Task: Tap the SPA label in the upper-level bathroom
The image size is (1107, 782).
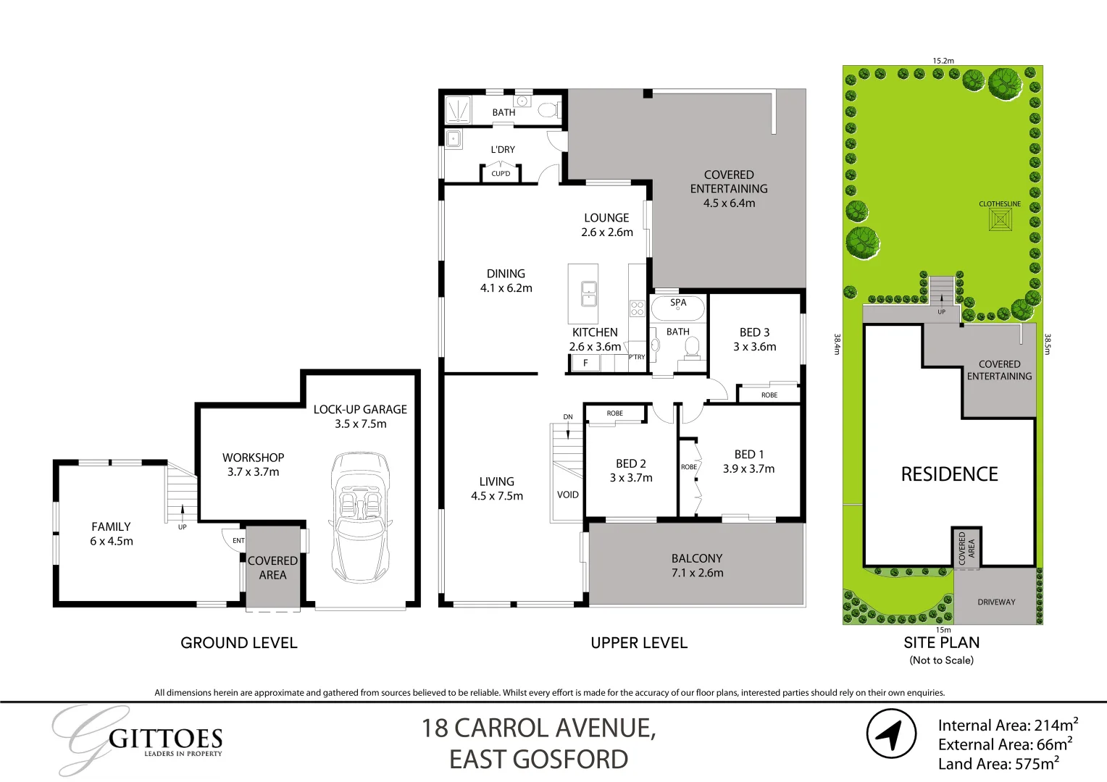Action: (x=678, y=303)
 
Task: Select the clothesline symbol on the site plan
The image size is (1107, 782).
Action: (x=1000, y=220)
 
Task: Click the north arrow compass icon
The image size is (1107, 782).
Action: (x=891, y=734)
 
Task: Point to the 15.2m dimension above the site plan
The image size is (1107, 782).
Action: (x=943, y=61)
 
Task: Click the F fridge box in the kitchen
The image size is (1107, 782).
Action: (x=585, y=363)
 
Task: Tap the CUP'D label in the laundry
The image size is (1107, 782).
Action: (x=501, y=174)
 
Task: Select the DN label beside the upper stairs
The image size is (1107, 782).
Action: (x=568, y=417)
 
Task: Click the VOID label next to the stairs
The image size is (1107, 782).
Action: (x=568, y=495)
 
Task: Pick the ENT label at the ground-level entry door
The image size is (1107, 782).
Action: (x=238, y=541)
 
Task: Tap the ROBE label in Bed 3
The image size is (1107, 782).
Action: (x=769, y=395)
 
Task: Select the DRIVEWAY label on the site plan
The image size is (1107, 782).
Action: (x=996, y=602)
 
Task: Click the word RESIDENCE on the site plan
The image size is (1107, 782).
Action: (x=949, y=474)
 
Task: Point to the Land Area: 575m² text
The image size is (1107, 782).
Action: (x=998, y=764)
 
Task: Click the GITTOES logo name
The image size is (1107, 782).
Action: (x=165, y=739)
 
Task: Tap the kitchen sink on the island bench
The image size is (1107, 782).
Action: (x=589, y=294)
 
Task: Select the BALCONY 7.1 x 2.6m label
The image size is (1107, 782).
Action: (x=697, y=566)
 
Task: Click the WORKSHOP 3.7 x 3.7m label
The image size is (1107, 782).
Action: (x=253, y=465)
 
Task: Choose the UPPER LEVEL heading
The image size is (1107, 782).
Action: (x=638, y=643)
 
